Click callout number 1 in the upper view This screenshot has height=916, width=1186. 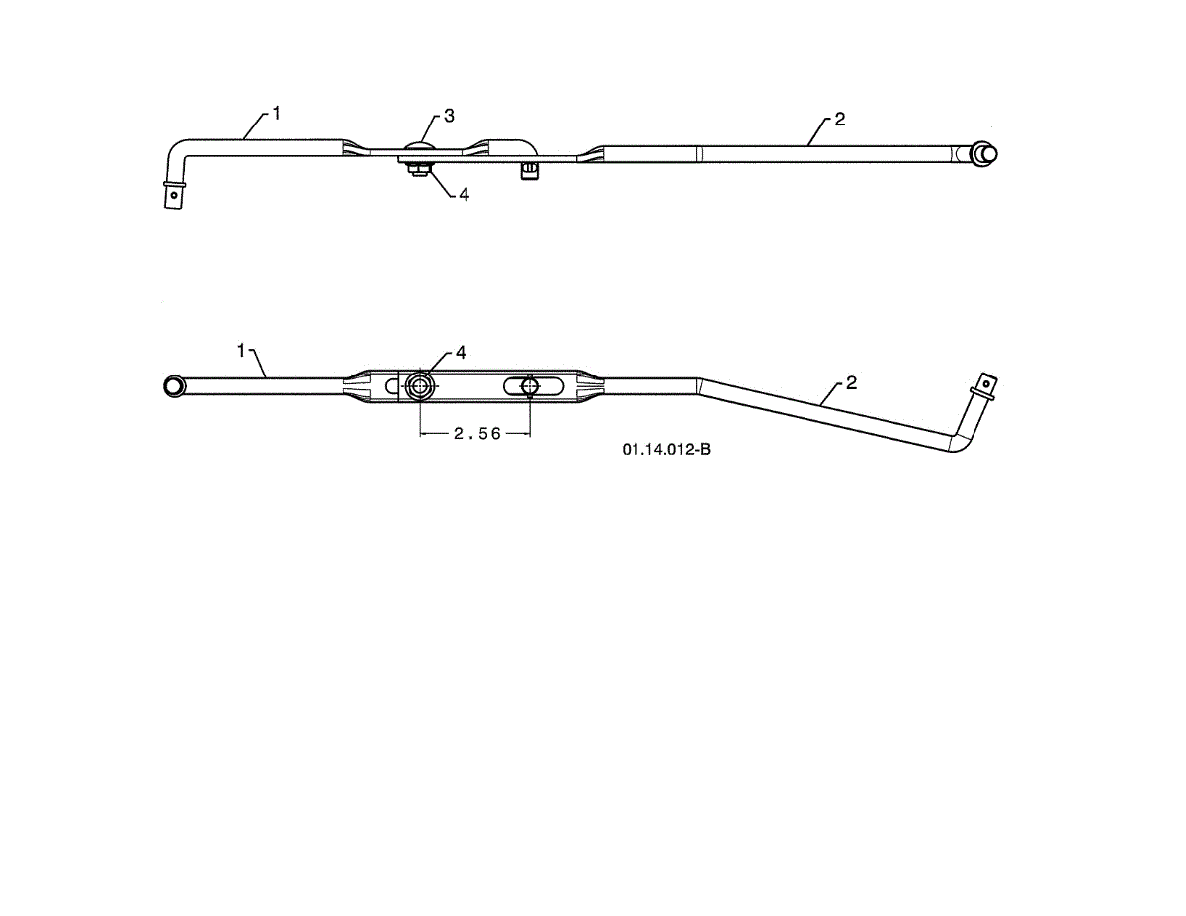click(x=277, y=114)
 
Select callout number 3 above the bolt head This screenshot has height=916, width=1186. click(x=449, y=116)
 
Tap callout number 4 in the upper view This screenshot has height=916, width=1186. click(x=464, y=195)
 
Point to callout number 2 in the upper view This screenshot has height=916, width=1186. click(x=839, y=120)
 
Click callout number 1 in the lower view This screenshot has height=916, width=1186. click(x=241, y=350)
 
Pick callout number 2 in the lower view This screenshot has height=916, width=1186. click(x=851, y=383)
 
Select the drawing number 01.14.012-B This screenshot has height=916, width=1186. click(x=666, y=451)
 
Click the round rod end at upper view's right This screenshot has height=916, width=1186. click(x=984, y=153)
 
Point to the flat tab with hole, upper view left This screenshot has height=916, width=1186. click(x=174, y=196)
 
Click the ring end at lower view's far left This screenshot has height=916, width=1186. click(x=174, y=384)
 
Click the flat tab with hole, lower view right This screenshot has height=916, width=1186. click(x=987, y=381)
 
